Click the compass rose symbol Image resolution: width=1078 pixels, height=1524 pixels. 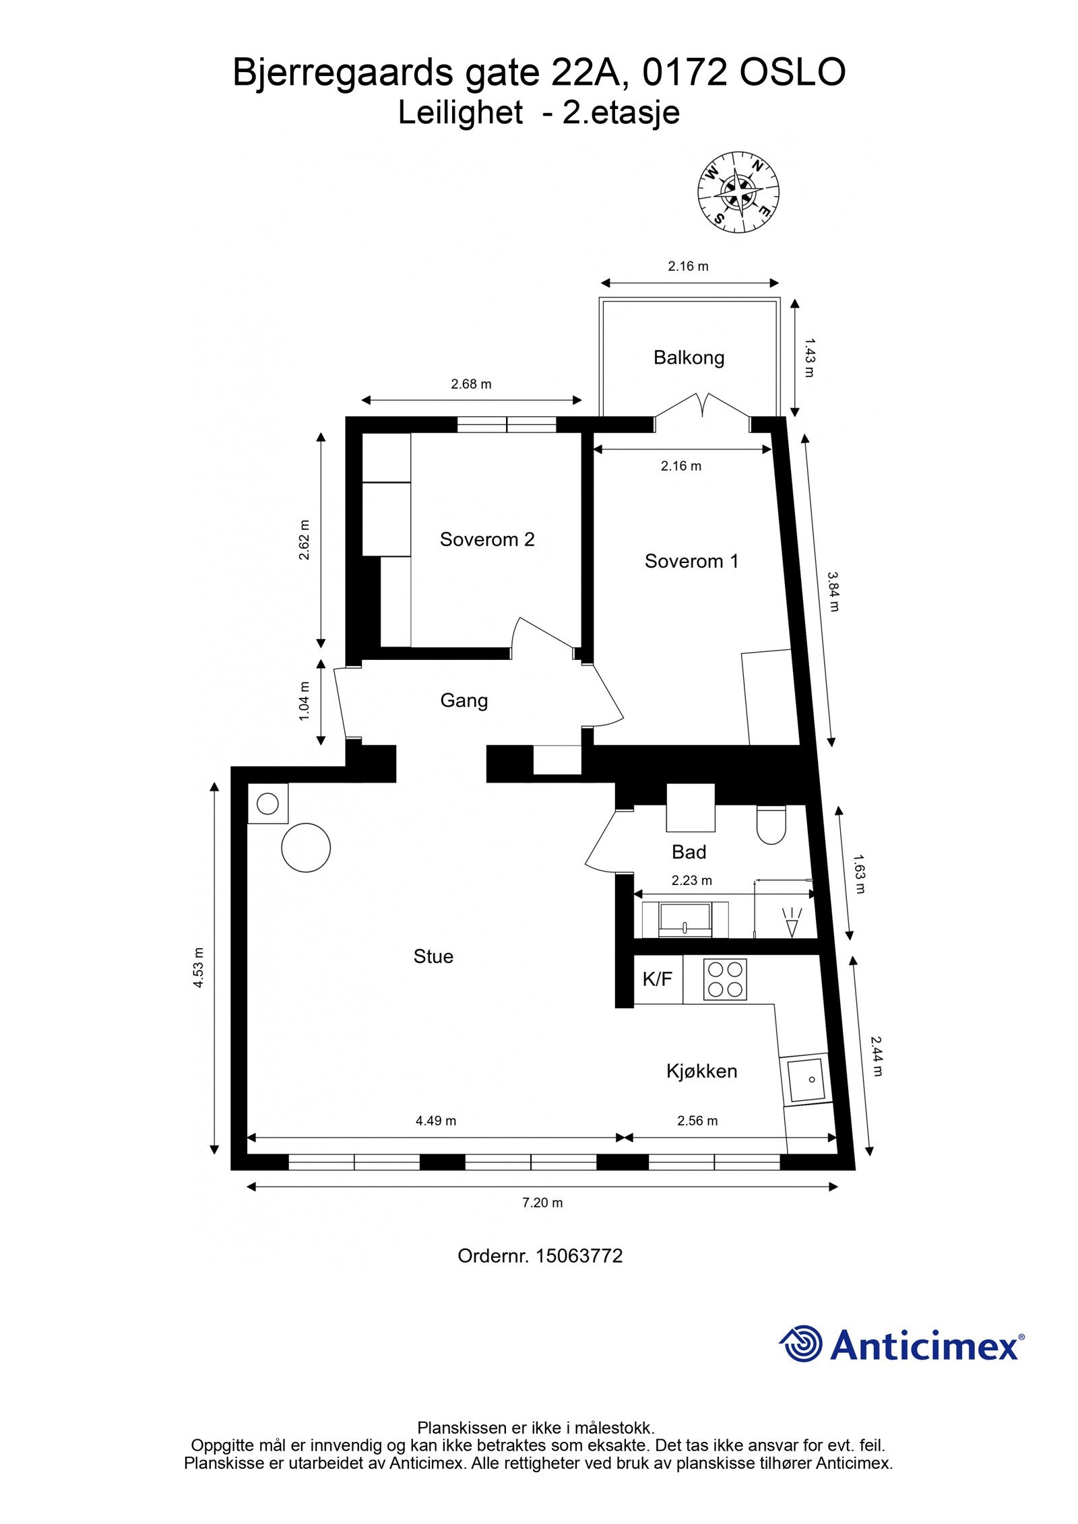[x=738, y=193]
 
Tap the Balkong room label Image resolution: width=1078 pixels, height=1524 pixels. [x=689, y=358]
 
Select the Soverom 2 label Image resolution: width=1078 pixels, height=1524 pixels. [x=486, y=539]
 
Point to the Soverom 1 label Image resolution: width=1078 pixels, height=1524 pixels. [x=691, y=561]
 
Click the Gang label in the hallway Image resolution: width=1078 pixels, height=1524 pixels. [x=464, y=700]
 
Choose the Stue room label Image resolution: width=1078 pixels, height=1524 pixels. [x=433, y=956]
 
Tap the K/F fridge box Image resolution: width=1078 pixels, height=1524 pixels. [x=658, y=979]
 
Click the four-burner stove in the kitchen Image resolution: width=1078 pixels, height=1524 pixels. [x=725, y=979]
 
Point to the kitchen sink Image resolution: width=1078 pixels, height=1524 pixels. [x=806, y=1080]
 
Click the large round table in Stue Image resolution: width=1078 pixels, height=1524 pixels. [x=306, y=847]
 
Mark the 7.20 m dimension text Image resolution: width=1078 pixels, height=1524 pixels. [x=542, y=1203]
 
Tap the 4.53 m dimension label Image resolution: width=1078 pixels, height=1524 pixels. [x=198, y=968]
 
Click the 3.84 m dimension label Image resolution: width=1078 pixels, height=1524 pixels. [x=834, y=591]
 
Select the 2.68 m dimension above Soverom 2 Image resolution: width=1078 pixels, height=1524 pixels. [x=471, y=385]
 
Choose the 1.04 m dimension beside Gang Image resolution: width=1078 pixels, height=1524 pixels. [x=305, y=701]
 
